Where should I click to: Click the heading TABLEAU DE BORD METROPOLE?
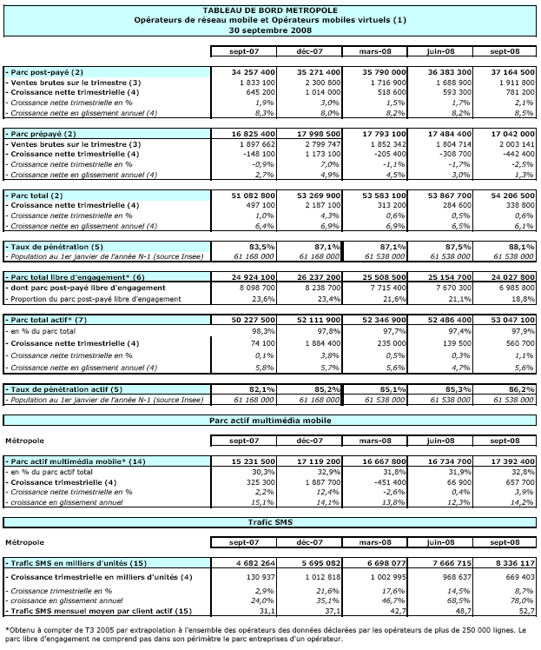click(269, 9)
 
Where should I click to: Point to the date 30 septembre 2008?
click(269, 29)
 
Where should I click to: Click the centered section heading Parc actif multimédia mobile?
click(270, 421)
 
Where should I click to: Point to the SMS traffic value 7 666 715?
click(438, 563)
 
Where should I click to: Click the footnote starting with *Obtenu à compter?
click(269, 632)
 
